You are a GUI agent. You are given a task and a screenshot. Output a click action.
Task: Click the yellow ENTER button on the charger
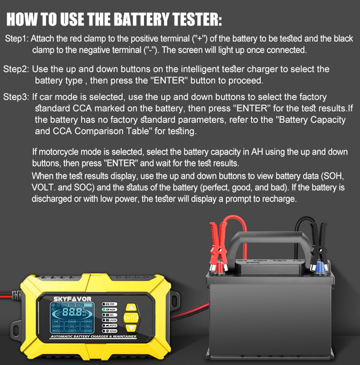point(131,318)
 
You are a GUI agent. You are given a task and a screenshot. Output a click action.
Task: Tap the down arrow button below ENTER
point(131,328)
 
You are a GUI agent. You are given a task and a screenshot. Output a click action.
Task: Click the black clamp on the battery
point(318,245)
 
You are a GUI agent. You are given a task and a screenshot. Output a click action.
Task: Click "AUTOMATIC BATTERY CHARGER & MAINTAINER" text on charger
point(93,337)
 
